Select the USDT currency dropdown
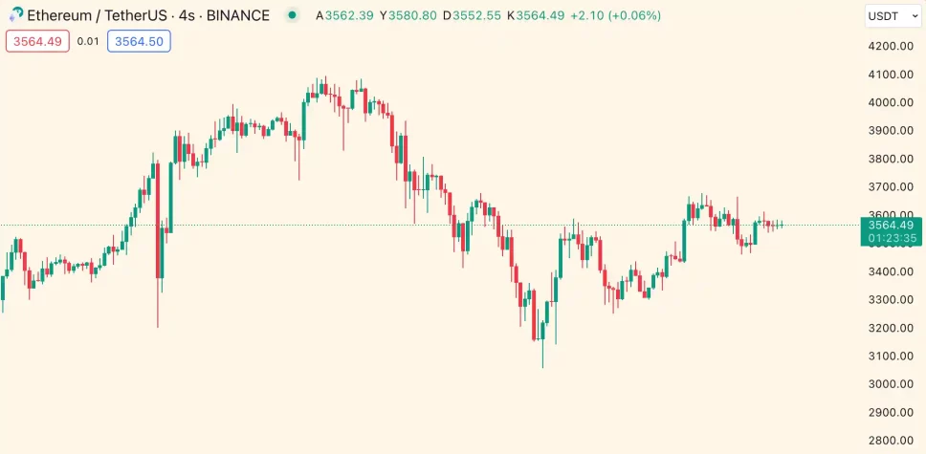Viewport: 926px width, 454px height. point(889,16)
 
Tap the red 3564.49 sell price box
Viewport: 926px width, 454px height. point(37,41)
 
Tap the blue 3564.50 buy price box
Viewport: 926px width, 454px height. point(139,41)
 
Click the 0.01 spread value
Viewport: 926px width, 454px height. point(87,41)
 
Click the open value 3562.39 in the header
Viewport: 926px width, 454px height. point(349,16)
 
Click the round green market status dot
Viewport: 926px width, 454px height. point(292,16)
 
